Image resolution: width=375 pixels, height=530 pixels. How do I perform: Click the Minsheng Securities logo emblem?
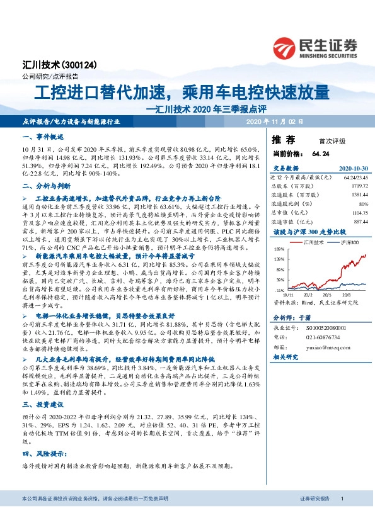(286, 47)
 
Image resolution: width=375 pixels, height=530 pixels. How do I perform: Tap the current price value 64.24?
(321, 154)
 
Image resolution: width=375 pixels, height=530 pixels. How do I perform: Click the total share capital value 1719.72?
(357, 186)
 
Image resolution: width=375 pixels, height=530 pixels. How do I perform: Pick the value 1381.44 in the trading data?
(357, 195)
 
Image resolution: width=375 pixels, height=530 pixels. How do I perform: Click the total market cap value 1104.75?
(357, 211)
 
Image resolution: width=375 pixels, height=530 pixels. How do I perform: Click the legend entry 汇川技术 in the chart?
(313, 242)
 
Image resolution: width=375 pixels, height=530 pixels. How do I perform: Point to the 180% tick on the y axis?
(279, 249)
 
